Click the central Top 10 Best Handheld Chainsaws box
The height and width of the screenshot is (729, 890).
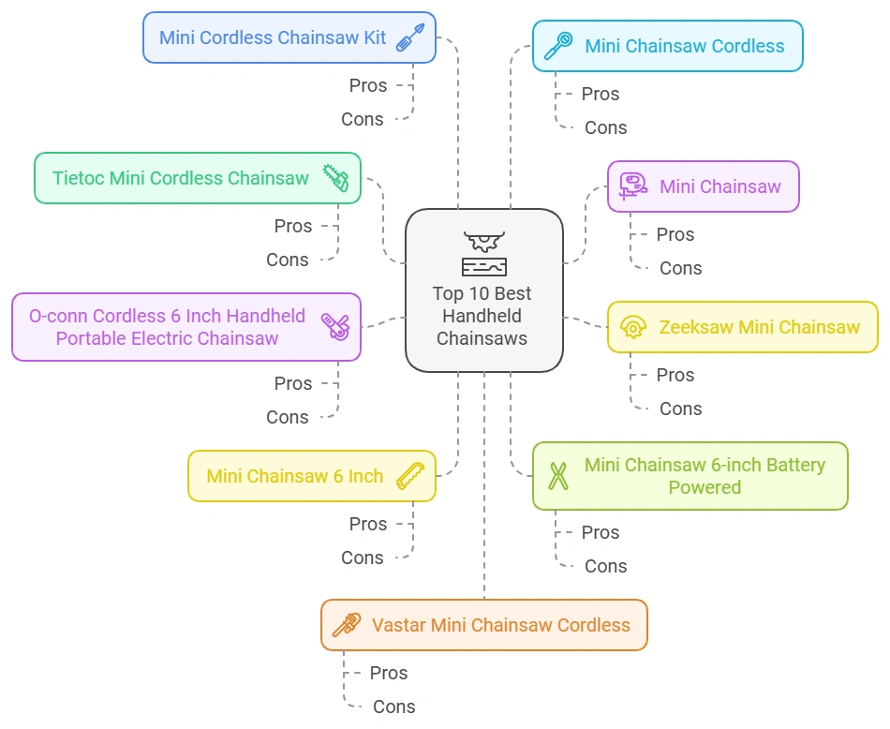483,290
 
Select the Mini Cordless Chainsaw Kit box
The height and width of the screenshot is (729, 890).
289,37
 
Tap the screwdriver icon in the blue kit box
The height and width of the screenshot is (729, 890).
410,37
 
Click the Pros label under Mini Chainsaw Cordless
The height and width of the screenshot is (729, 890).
600,94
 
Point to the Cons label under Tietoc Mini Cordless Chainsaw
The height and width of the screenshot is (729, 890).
287,260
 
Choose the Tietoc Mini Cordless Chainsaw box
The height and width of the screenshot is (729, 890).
197,178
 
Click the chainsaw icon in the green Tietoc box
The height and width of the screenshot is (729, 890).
335,178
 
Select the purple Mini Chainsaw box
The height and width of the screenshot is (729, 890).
703,186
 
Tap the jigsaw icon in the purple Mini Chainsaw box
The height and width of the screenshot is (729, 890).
633,186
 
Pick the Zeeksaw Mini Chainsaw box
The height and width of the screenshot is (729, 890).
742,327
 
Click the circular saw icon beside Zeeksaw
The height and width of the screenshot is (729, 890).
633,327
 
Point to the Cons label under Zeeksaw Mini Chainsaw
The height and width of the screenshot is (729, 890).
680,409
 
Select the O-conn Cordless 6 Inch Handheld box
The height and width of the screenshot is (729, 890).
185,327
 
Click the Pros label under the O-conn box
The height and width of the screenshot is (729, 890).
293,383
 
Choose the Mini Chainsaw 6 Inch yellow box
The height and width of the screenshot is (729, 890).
311,476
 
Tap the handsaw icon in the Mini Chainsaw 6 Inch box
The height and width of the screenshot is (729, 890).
410,476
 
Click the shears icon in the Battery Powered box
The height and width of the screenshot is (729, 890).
558,476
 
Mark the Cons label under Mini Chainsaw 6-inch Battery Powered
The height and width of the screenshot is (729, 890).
605,566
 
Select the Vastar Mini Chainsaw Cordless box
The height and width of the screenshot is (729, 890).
483,625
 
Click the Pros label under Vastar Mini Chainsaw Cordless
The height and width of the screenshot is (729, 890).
388,673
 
